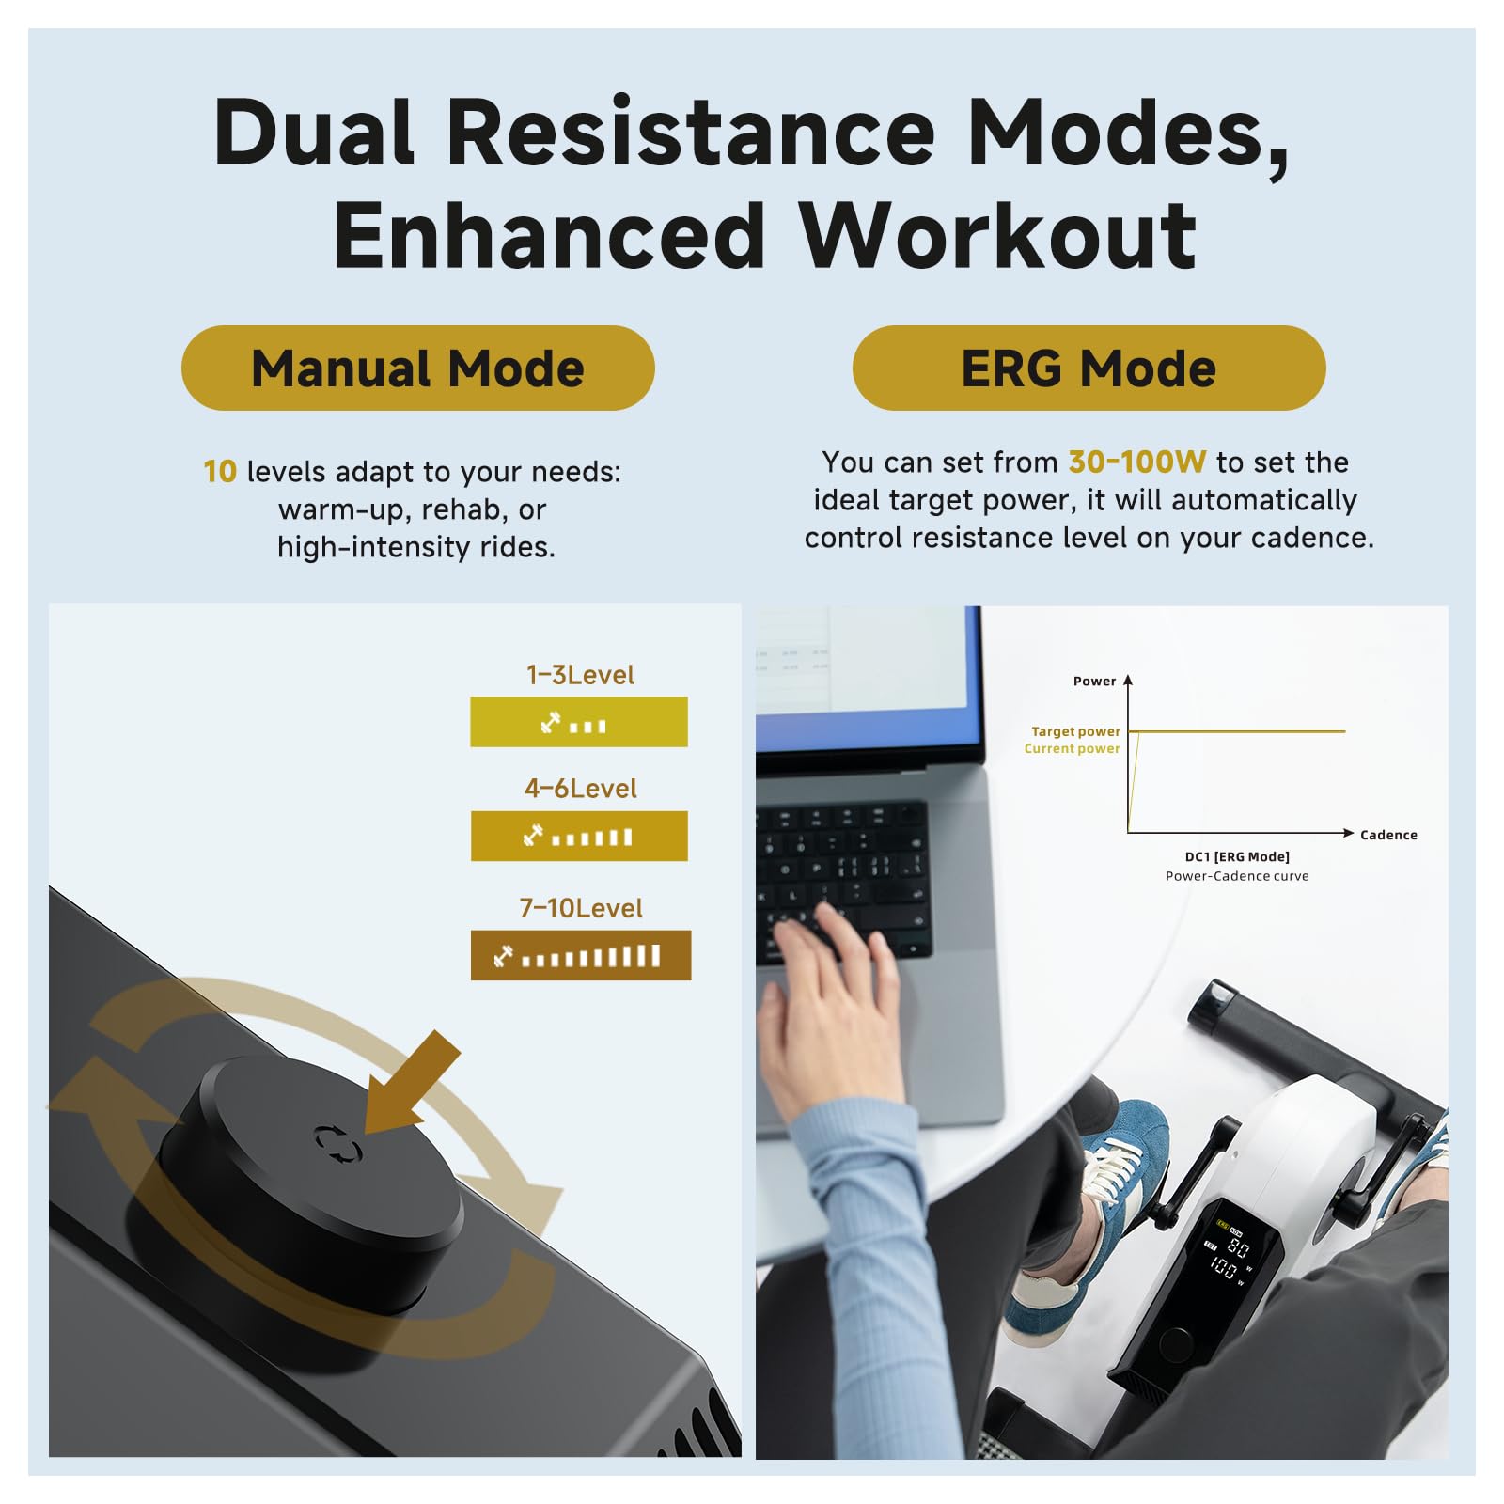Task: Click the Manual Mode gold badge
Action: point(417,368)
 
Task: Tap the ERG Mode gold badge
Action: point(1089,368)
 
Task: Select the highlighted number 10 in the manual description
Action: point(220,471)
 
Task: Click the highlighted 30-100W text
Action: point(1136,462)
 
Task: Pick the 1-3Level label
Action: point(580,675)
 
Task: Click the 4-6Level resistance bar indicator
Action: point(579,836)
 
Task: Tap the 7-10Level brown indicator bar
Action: point(581,955)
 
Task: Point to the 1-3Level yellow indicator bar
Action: point(579,722)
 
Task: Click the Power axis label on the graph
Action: point(1094,681)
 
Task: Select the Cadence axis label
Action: point(1388,835)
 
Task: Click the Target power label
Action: point(1075,731)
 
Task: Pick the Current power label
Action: point(1072,748)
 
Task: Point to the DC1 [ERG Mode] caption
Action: point(1237,856)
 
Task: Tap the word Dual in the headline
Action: point(314,132)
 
